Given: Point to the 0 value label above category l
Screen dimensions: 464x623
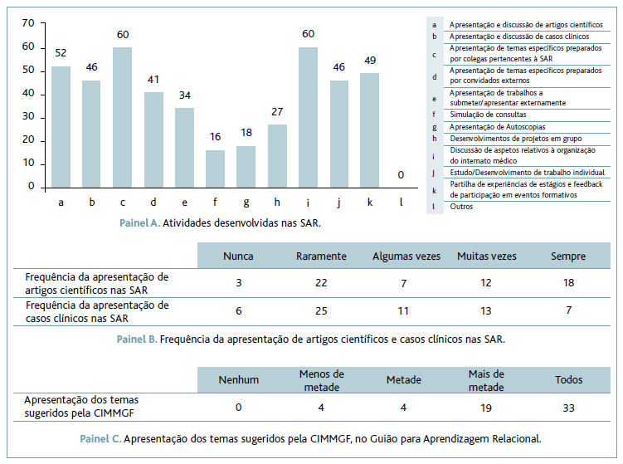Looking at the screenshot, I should pos(400,174).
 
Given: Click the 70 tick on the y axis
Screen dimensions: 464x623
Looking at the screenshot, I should pos(29,23).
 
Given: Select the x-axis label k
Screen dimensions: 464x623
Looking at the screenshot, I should pos(370,201).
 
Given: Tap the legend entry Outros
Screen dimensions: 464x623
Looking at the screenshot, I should pos(461,207).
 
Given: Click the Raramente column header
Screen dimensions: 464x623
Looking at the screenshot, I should pos(321,256).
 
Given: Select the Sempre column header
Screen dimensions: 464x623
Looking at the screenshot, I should pos(568,256).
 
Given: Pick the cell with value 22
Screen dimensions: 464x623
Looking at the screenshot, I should pos(321,283).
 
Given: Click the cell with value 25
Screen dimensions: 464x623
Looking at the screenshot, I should pos(321,311).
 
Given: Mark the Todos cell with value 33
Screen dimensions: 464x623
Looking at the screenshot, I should pos(568,408).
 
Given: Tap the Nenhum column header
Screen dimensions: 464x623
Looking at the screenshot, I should pos(239,380).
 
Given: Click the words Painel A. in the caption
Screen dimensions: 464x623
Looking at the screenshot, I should pos(139,222).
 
